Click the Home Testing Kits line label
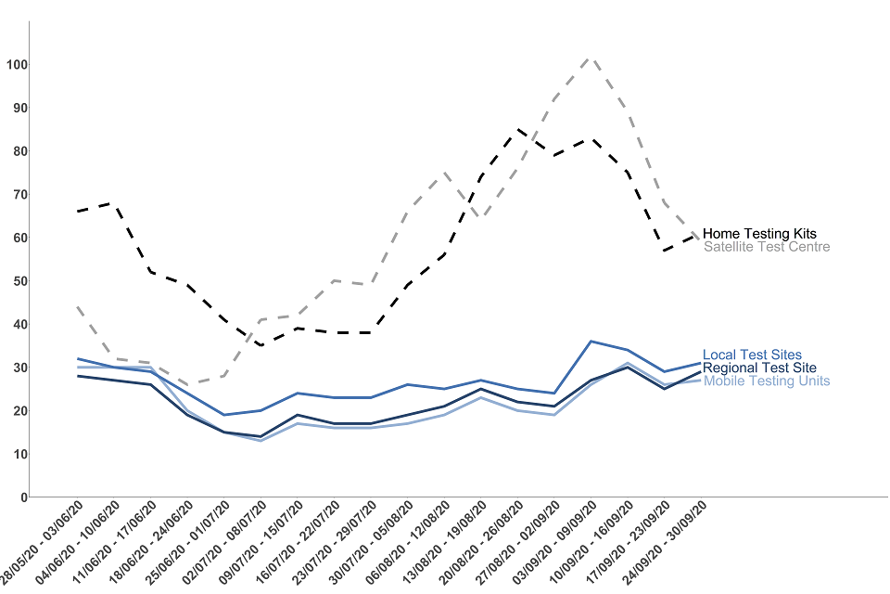759,234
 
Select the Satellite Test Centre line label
766,247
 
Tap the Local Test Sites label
752,355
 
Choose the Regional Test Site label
759,368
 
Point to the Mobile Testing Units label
766,381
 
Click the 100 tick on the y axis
16,64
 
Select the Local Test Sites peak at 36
591,342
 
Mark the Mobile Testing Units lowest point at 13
261,441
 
